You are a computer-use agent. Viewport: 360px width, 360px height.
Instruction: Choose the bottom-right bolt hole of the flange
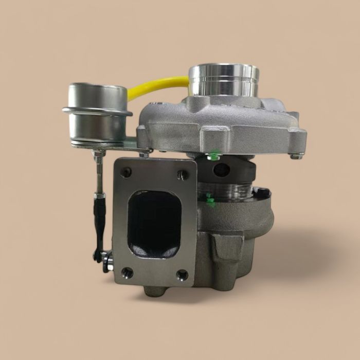point(182,275)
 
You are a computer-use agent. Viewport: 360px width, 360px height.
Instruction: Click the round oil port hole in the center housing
point(222,170)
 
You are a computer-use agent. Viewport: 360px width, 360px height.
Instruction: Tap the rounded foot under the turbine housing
point(154,291)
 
